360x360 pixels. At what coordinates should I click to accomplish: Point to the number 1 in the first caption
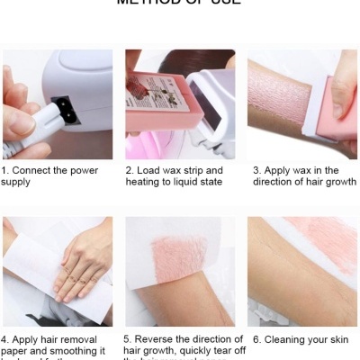point(4,169)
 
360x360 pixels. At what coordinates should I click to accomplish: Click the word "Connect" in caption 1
point(31,169)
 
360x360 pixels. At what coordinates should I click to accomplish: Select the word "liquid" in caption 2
point(187,181)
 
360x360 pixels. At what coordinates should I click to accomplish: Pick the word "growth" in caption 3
point(338,181)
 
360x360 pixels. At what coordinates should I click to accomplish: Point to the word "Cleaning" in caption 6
point(285,340)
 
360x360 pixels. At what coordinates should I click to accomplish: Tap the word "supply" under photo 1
point(16,181)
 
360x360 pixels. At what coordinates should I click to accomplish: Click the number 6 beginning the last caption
point(256,340)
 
